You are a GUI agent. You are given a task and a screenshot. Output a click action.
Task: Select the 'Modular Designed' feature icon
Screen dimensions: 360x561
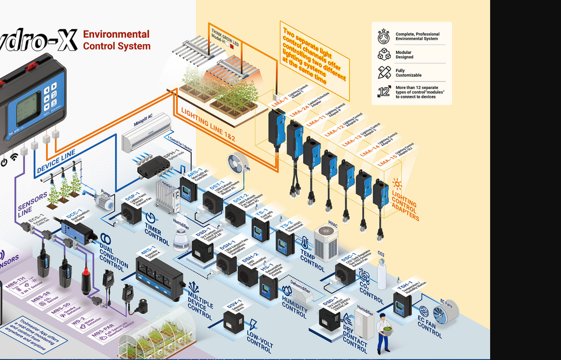tap(384, 54)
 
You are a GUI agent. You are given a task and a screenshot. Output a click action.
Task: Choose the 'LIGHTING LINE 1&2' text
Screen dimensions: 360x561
tap(208, 124)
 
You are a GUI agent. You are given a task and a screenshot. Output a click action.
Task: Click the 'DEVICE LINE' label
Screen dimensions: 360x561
tap(56, 162)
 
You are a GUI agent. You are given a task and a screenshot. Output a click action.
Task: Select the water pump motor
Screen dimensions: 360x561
tap(105, 203)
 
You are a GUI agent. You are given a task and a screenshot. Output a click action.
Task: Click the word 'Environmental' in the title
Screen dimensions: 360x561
tap(116, 34)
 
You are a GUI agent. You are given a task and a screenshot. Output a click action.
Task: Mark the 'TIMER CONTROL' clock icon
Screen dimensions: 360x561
tap(150, 218)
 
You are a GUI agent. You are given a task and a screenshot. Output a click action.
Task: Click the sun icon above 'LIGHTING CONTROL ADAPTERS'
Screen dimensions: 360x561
tap(397, 184)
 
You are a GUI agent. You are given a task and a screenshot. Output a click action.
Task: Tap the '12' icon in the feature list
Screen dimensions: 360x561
tap(384, 91)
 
